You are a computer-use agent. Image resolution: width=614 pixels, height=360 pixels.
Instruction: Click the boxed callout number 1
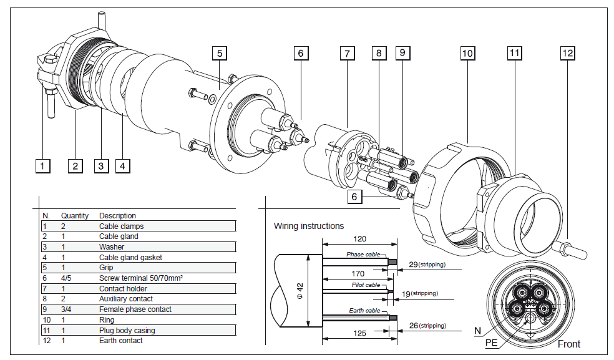pyautogui.click(x=42, y=166)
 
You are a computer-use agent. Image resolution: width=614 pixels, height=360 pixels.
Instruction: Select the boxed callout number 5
pyautogui.click(x=219, y=53)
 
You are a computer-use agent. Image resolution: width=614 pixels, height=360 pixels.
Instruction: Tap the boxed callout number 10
pyautogui.click(x=467, y=53)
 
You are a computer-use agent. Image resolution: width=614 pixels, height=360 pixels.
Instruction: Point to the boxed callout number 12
pyautogui.click(x=567, y=53)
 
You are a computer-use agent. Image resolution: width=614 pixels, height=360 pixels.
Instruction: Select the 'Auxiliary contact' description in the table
pyautogui.click(x=125, y=299)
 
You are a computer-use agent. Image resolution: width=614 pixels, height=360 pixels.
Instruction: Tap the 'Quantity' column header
pyautogui.click(x=75, y=216)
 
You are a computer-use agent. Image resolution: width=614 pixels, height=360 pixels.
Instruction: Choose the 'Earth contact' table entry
pyautogui.click(x=121, y=341)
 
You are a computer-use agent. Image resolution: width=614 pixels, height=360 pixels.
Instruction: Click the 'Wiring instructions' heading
pyautogui.click(x=309, y=226)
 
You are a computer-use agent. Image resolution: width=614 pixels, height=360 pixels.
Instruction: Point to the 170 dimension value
pyautogui.click(x=358, y=273)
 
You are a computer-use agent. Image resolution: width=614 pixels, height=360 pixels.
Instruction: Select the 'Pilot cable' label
pyautogui.click(x=365, y=285)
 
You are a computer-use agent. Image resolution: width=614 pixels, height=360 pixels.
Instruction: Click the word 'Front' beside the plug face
pyautogui.click(x=568, y=344)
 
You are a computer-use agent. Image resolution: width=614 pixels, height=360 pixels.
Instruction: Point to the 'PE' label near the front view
pyautogui.click(x=492, y=343)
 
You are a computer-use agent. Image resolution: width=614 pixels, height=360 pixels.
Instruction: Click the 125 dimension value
pyautogui.click(x=359, y=334)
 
